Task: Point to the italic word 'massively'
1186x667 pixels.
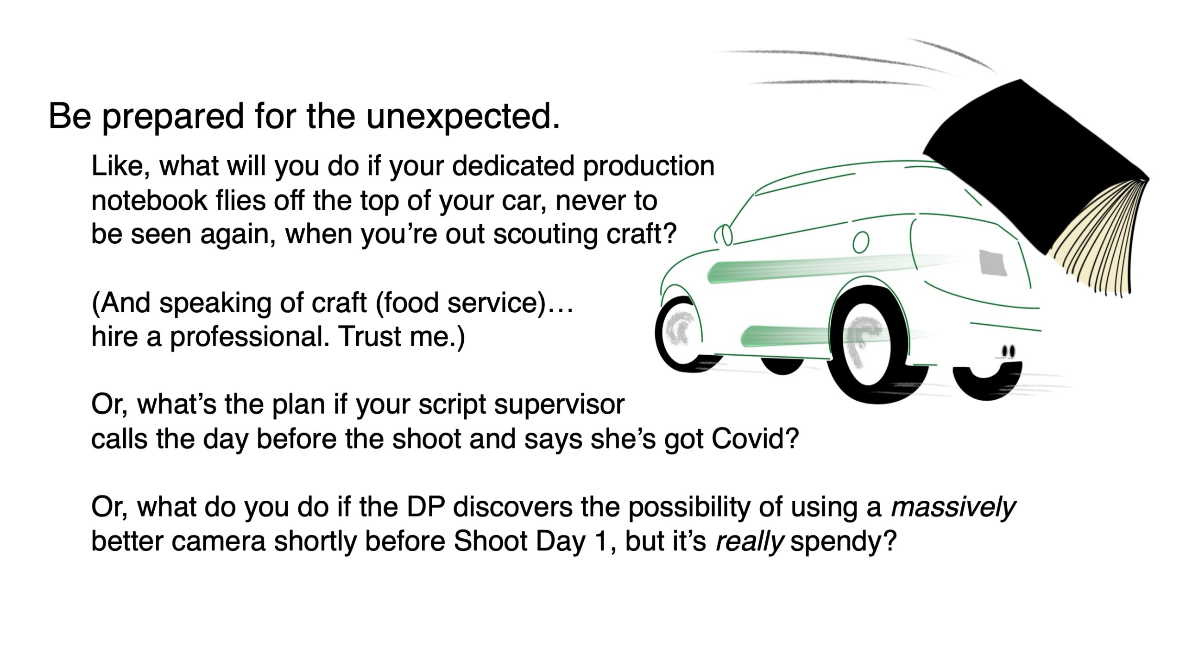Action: pyautogui.click(x=953, y=507)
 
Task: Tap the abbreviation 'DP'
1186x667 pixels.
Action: pyautogui.click(x=426, y=507)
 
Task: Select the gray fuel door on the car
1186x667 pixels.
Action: pyautogui.click(x=992, y=263)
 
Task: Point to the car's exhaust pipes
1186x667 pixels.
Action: pyautogui.click(x=1008, y=352)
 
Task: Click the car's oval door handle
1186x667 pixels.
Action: pyautogui.click(x=860, y=242)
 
